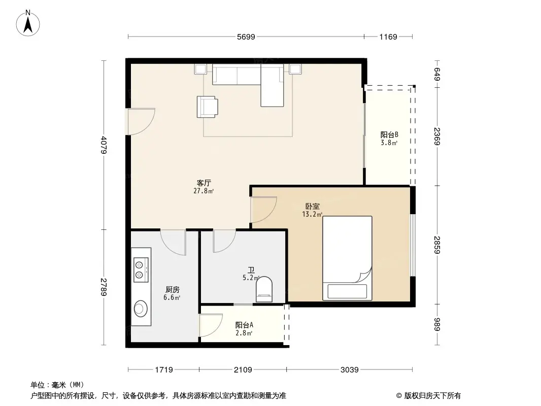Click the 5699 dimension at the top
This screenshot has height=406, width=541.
point(246,37)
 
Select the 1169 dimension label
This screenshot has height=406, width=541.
point(388,37)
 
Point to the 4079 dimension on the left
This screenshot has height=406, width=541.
point(104,145)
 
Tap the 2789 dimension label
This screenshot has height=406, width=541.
point(104,287)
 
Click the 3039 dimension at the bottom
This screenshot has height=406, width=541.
point(350,369)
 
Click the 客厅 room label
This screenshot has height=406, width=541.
point(205,183)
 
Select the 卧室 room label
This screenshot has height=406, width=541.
point(312,207)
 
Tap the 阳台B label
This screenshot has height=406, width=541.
point(389,135)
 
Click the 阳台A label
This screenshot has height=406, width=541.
point(244,325)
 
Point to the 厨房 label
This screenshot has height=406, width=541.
point(172,289)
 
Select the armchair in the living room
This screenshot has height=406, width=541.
point(208,107)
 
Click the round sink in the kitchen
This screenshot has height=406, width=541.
point(141,308)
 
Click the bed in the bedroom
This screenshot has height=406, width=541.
point(348,258)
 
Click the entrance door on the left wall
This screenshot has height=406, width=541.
point(140,122)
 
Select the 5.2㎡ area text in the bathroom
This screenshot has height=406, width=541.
point(251,278)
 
